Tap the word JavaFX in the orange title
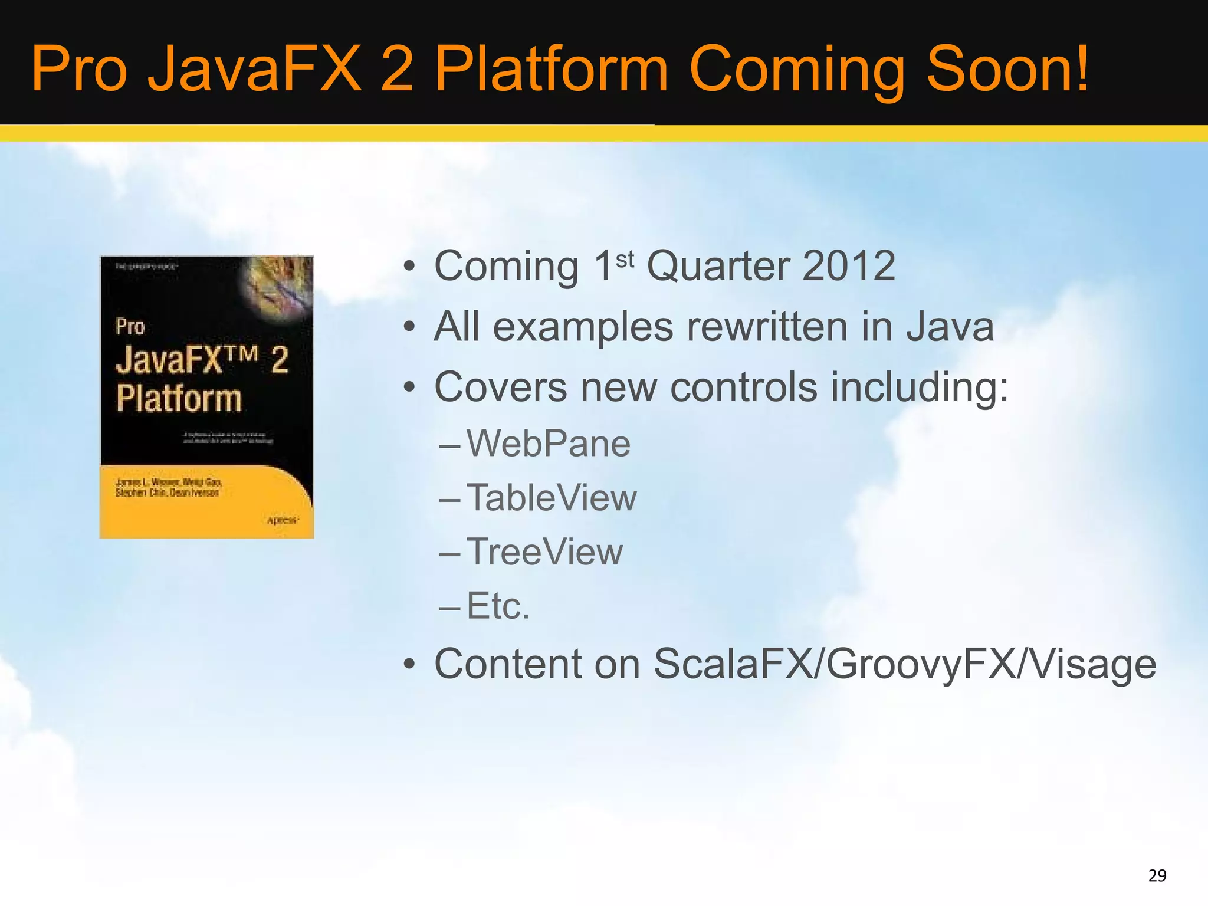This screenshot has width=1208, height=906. pos(254,70)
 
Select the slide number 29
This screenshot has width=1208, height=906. pos(1157,875)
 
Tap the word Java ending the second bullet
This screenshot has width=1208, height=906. pos(950,327)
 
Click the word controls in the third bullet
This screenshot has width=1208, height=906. pos(743,388)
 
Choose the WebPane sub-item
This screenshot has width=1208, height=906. pos(548,444)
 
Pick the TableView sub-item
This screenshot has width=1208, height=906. pos(552,498)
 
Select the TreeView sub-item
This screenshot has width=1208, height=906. pos(544,552)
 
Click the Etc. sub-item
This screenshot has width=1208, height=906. pos(498,606)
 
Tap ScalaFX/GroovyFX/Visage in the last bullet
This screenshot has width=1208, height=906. pos(904,664)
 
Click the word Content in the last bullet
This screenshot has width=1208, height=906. pos(507,664)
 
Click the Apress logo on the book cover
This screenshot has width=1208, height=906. pos(283,520)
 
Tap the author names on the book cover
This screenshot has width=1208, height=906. pos(168,488)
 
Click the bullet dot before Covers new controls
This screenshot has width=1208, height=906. pos(409,389)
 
